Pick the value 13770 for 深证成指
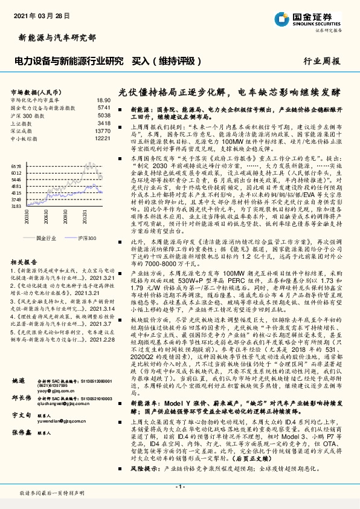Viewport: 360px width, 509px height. pyautogui.click(x=103, y=131)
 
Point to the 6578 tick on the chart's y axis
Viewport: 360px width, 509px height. pyautogui.click(x=16, y=165)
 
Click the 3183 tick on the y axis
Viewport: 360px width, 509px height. pyautogui.click(x=16, y=207)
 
